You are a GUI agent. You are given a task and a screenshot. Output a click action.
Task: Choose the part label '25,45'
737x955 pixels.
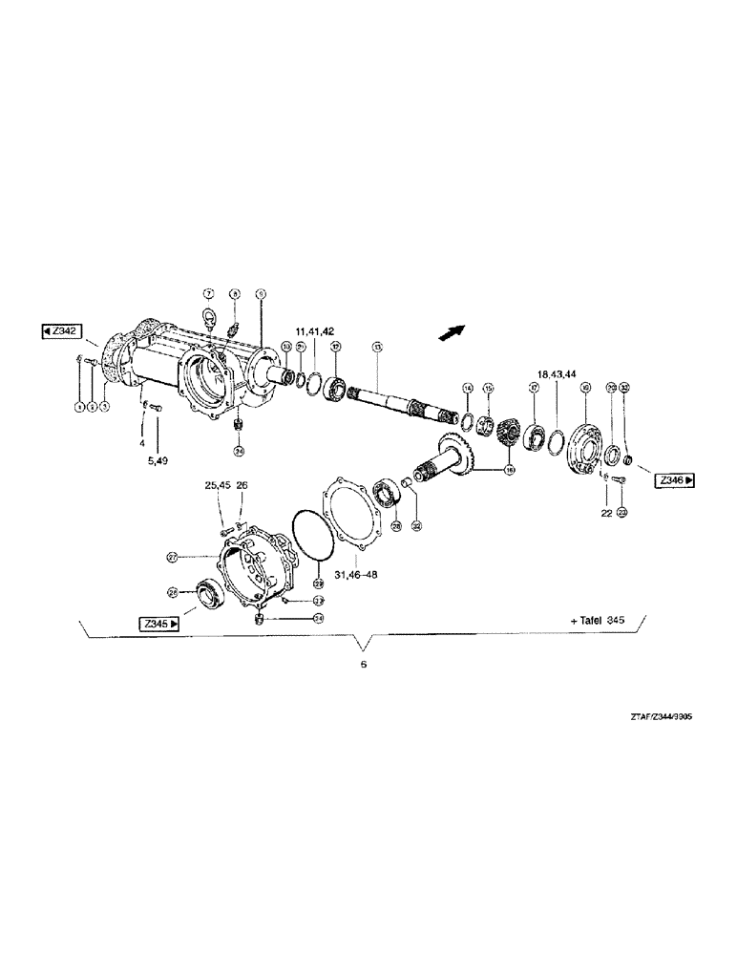click(218, 485)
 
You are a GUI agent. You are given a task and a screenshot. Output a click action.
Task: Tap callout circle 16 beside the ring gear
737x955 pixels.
click(508, 470)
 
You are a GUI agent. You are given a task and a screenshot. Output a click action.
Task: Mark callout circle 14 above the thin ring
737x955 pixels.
click(468, 388)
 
